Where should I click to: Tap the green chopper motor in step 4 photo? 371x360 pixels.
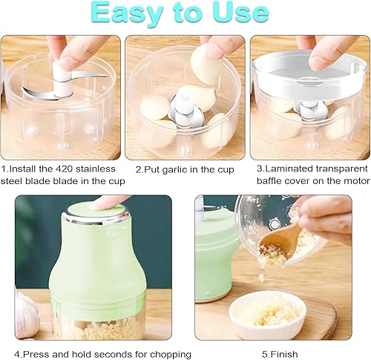[x=97, y=260]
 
